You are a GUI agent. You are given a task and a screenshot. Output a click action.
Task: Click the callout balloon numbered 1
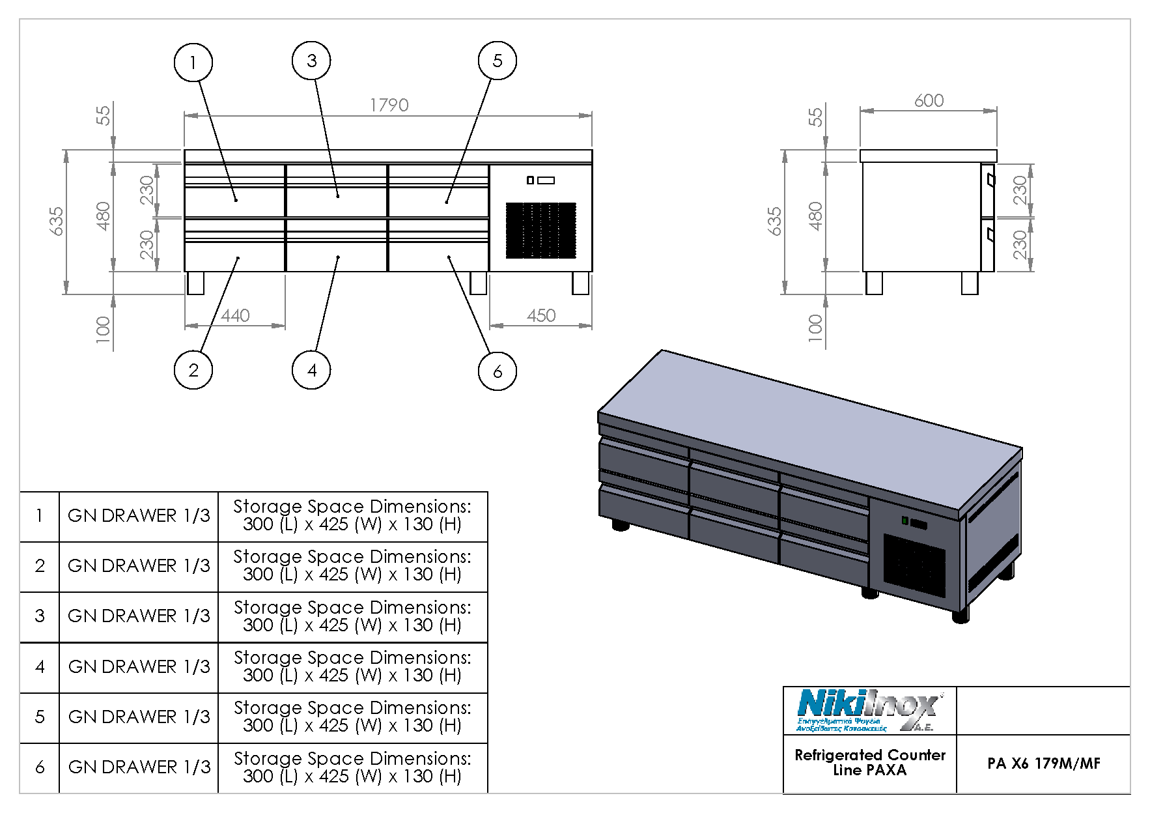click(193, 63)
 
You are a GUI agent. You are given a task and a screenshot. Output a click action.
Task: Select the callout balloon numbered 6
click(497, 371)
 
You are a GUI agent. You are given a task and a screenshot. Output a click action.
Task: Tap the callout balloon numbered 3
click(311, 61)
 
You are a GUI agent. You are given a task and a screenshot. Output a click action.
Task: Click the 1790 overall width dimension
click(389, 106)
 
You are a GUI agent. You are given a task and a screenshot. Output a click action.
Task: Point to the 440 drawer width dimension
click(235, 316)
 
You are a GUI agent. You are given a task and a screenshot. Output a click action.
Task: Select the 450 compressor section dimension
click(541, 316)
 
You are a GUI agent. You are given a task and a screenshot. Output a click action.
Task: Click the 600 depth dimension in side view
click(929, 101)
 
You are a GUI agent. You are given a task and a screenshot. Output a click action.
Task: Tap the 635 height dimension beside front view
click(57, 221)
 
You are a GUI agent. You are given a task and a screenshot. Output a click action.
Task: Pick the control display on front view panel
click(541, 180)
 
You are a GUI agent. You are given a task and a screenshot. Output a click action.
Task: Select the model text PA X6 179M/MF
click(1043, 763)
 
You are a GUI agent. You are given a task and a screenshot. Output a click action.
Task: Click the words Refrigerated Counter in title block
click(869, 755)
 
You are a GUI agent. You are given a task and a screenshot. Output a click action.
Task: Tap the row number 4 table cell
click(40, 667)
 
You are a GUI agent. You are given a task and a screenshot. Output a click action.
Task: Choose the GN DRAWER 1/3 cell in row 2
click(139, 566)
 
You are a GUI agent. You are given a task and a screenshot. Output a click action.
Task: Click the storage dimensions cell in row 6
click(352, 767)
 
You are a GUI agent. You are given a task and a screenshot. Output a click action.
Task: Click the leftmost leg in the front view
click(195, 283)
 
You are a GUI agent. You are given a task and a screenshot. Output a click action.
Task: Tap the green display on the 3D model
click(905, 520)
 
